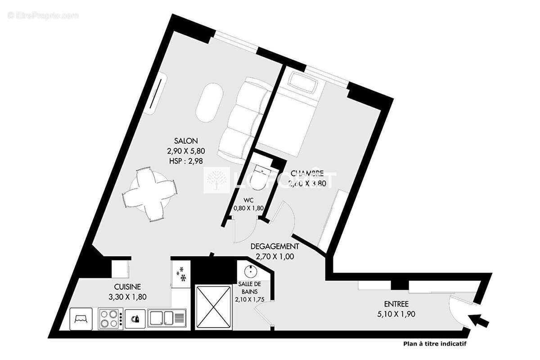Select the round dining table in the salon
click(148, 193)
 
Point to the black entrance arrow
click(479, 320)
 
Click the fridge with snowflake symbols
click(182, 274)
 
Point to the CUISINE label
click(127, 287)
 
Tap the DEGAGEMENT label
click(274, 247)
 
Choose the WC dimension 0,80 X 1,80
click(248, 208)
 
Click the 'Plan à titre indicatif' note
click(434, 344)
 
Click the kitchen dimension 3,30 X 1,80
click(128, 297)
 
